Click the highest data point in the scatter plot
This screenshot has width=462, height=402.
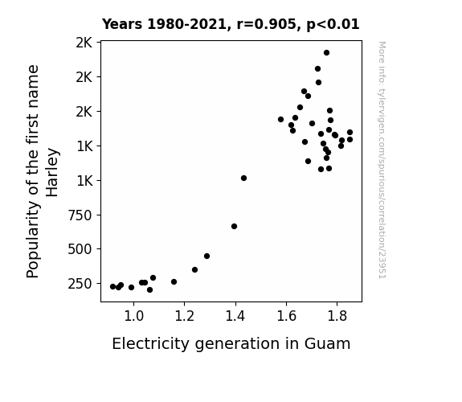(x=326, y=53)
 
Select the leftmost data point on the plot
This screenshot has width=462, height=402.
(x=112, y=287)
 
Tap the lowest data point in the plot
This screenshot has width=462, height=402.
(x=149, y=290)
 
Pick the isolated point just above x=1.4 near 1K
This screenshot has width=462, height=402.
(x=243, y=178)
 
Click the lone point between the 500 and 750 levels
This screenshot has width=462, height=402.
(x=235, y=227)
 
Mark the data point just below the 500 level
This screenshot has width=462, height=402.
(x=206, y=256)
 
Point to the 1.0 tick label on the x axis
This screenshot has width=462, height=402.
(x=133, y=316)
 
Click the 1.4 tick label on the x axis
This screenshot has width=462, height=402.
(x=235, y=316)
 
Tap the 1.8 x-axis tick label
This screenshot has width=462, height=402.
(x=337, y=316)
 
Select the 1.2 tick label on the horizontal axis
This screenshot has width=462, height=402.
(x=185, y=316)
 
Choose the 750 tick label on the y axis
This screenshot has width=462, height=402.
(x=80, y=215)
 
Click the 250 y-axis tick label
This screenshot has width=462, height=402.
(x=80, y=284)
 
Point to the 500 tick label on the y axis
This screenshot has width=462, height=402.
(x=80, y=249)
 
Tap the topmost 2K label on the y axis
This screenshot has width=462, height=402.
(x=84, y=43)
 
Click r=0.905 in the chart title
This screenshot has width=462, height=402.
(x=267, y=24)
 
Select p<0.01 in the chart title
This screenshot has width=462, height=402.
(x=333, y=24)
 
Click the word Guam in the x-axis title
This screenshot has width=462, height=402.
(x=327, y=343)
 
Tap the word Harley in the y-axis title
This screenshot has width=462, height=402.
(x=52, y=173)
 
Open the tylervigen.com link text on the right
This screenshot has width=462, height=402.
(x=382, y=160)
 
